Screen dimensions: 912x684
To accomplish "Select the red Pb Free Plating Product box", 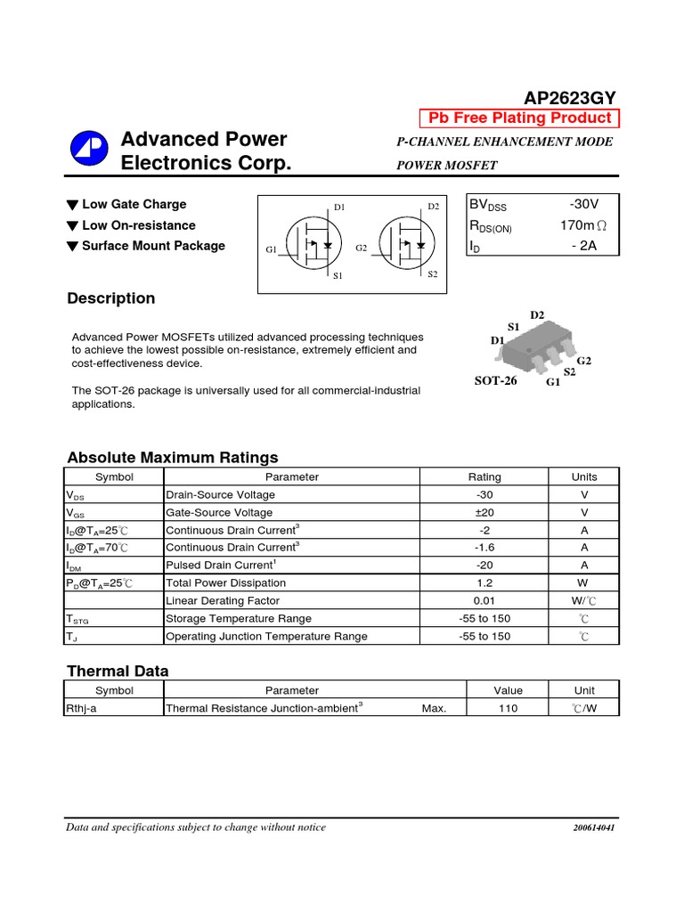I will (x=519, y=118).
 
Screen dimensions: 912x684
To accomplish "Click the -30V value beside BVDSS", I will (x=578, y=205).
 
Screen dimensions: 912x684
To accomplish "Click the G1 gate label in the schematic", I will (x=272, y=250).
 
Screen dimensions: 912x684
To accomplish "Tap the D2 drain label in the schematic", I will (x=433, y=207).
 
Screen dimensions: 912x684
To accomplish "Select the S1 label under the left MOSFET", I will (x=338, y=277).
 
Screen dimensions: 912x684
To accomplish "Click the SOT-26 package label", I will (x=495, y=380).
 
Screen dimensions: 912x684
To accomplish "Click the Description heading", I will (x=110, y=298).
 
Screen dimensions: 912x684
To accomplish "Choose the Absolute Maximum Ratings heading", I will (x=173, y=458).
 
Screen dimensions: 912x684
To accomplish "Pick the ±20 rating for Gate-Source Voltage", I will (x=484, y=512).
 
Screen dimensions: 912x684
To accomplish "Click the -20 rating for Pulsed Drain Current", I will (x=484, y=565).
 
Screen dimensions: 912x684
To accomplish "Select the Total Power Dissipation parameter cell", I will (x=226, y=582).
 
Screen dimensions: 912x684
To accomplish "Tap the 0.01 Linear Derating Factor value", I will (x=484, y=600).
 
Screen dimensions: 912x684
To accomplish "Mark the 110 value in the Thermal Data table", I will (x=509, y=708).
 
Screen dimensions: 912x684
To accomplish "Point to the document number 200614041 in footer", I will (x=593, y=828).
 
